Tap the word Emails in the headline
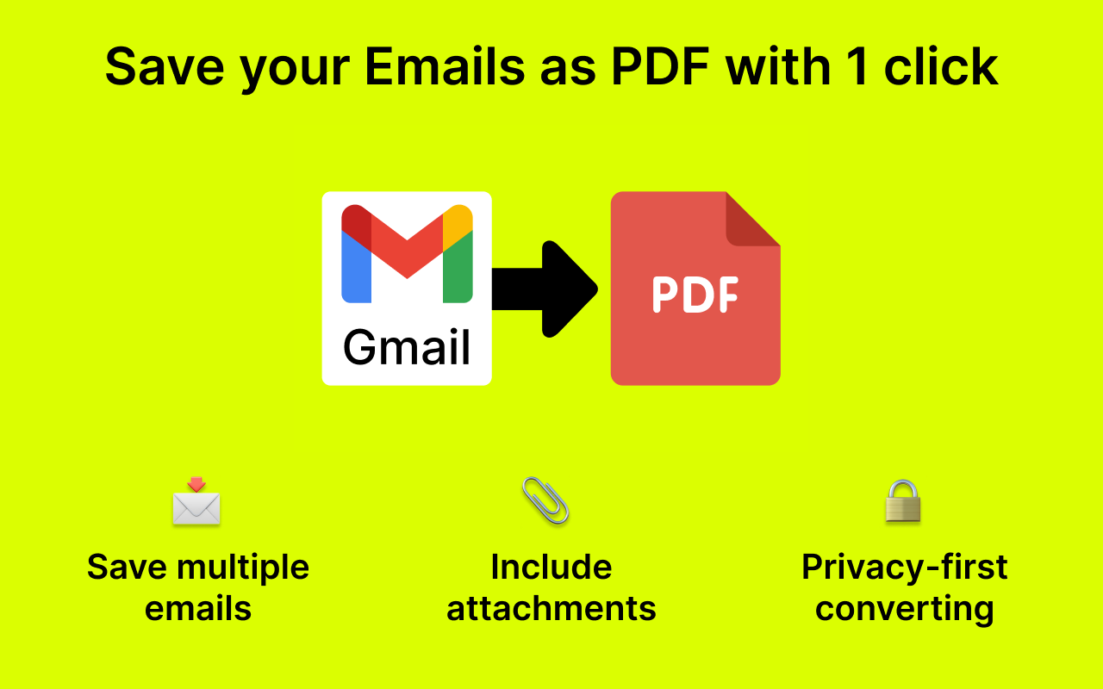(445, 67)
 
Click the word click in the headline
(941, 67)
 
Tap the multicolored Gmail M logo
(407, 254)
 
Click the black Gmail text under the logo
(407, 347)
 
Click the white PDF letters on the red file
(695, 294)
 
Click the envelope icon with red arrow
(196, 503)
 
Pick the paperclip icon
(545, 500)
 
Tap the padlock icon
(903, 501)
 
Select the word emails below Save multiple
(198, 609)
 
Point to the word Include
(551, 568)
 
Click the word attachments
(551, 609)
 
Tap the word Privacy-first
(904, 568)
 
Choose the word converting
(904, 609)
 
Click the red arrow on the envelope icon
(197, 485)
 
